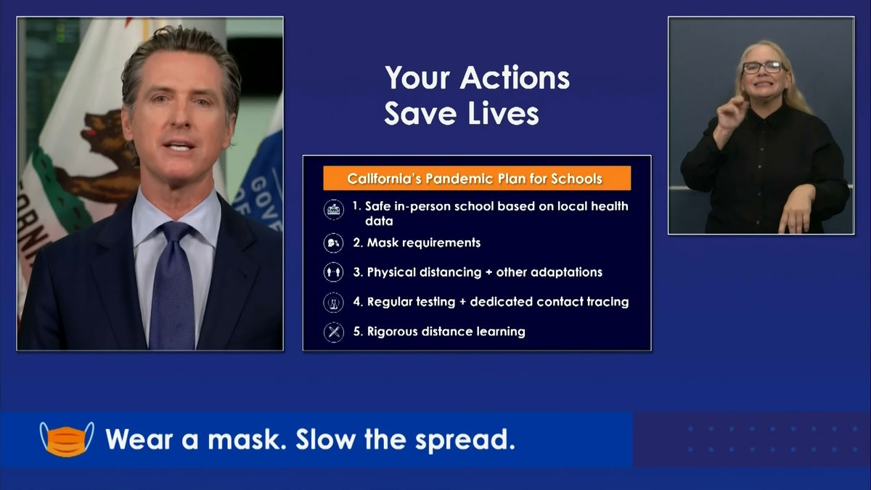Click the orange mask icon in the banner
[67, 439]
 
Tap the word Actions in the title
[515, 78]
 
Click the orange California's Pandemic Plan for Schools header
[477, 179]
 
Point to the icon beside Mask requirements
[333, 243]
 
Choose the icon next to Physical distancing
[333, 272]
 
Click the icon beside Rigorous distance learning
[334, 332]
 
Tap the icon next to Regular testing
[333, 302]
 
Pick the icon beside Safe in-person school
[334, 210]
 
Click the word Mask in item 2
[380, 242]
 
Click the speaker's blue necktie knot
[175, 232]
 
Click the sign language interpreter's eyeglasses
[764, 68]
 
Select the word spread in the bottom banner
[465, 440]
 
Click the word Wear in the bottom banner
[139, 439]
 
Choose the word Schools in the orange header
[576, 179]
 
